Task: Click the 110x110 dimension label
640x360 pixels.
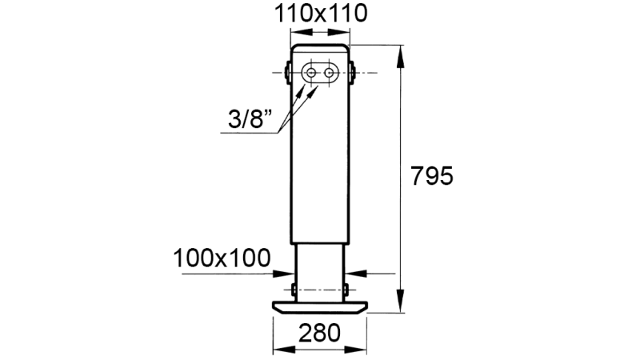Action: (x=320, y=14)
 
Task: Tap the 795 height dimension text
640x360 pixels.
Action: (x=431, y=175)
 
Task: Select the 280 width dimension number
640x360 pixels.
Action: (x=320, y=331)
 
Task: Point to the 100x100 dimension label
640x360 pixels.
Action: (x=221, y=258)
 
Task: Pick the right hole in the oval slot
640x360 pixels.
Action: (x=329, y=73)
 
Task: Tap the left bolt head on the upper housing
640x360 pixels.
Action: (x=287, y=73)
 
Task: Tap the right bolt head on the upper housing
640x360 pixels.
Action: (x=353, y=73)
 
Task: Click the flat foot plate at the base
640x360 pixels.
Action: (x=320, y=306)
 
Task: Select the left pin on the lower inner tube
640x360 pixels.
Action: (x=294, y=288)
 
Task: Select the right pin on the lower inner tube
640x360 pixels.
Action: (x=346, y=288)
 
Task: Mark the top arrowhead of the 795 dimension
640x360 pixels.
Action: (x=401, y=50)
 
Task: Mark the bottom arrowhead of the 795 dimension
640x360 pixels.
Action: (x=401, y=306)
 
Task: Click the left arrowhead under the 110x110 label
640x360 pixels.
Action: (x=295, y=32)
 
